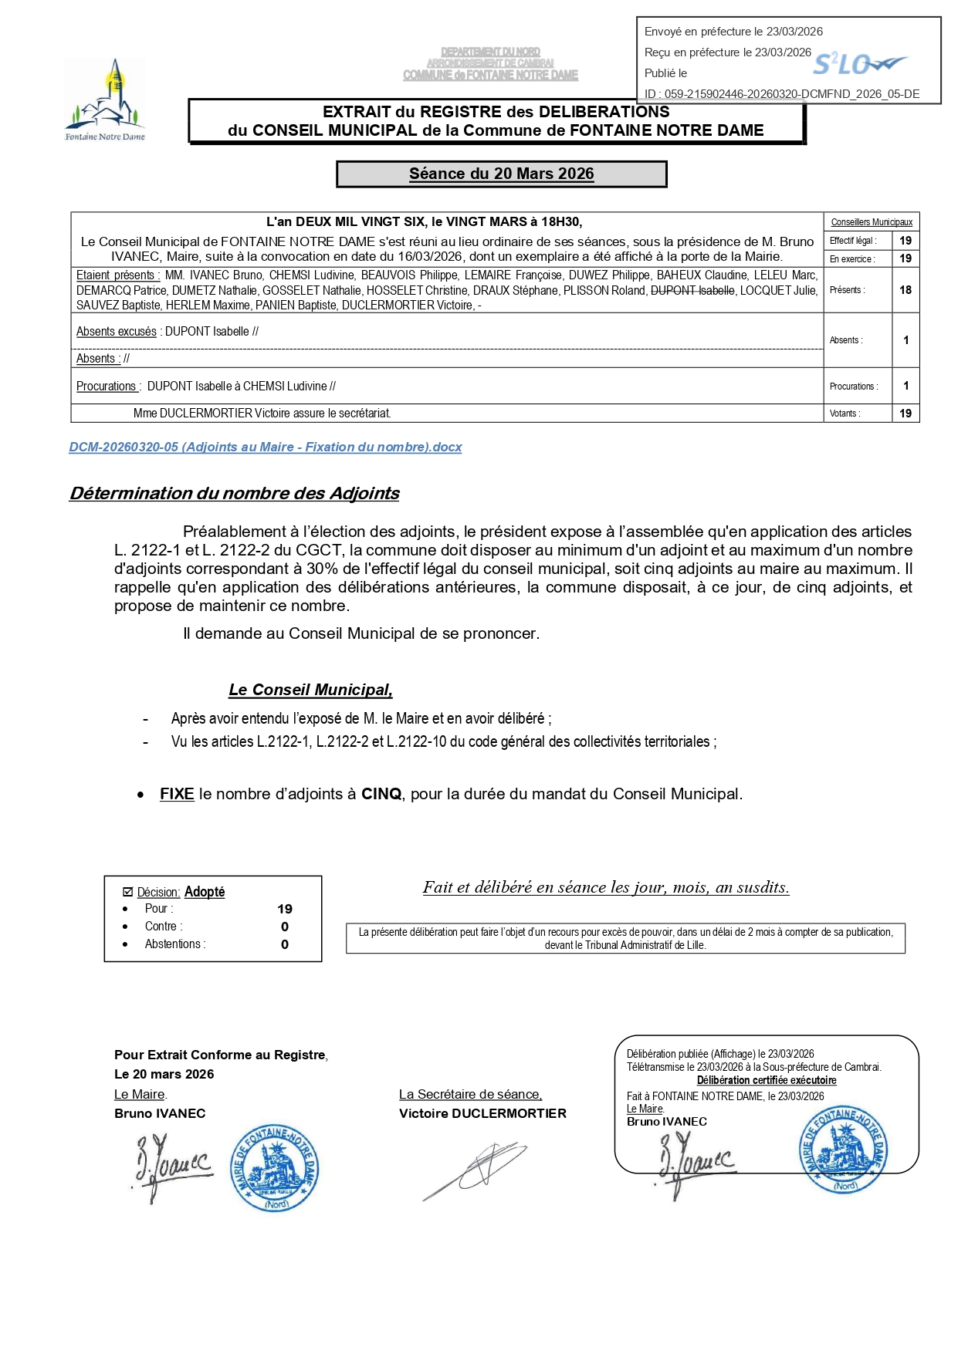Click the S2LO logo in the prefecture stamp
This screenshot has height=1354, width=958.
[x=859, y=65]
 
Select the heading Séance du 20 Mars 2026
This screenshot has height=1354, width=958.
[x=501, y=174]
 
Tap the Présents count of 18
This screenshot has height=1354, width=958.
[x=906, y=290]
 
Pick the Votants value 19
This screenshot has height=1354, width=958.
[x=906, y=414]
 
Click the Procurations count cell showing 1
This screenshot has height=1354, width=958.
[x=906, y=386]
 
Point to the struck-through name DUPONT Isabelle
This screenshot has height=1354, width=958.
[x=692, y=291]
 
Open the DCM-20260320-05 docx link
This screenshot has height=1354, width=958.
[x=266, y=447]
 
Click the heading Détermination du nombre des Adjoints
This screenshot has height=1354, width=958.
[x=235, y=494]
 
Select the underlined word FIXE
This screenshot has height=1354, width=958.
[x=177, y=794]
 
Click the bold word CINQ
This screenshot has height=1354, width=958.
[x=381, y=794]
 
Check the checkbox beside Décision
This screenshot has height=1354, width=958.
[x=128, y=892]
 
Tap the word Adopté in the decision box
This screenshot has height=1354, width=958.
[x=205, y=892]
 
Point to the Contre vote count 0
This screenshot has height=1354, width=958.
[x=285, y=927]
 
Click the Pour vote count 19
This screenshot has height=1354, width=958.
[x=285, y=909]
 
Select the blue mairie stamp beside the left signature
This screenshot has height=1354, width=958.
[x=275, y=1167]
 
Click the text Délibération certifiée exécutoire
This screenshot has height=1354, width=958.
[x=767, y=1081]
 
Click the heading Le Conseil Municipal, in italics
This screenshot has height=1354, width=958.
[x=310, y=691]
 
